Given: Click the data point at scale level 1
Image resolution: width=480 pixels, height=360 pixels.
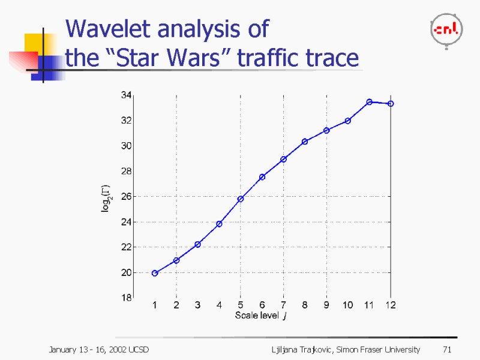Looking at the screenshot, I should pos(155,273).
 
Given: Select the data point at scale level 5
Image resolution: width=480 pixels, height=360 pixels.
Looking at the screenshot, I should pos(241,199).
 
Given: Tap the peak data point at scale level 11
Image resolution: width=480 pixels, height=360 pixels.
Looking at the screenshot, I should pos(370,102).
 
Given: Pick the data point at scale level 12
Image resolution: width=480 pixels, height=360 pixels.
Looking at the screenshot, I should pos(391,104).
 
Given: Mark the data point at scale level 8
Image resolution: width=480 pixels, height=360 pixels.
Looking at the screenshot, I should pos(305,142).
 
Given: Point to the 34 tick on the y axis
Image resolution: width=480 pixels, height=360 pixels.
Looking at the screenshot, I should pos(126,95).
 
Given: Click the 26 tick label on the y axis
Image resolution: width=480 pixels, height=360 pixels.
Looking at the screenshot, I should pos(126,196).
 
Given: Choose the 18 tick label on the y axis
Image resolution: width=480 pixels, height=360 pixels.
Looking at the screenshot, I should pos(126,298).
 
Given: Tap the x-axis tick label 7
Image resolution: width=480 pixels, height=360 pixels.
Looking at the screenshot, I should pos(283,305).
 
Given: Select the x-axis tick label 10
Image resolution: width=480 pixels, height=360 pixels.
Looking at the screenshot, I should pos(348,305).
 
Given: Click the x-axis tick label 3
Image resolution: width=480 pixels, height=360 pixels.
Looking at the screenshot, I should pos(197,305).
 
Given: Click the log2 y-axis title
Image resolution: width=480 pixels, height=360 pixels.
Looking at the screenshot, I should pos(106,196).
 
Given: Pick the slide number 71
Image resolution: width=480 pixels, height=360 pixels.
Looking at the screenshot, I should pos(446,349).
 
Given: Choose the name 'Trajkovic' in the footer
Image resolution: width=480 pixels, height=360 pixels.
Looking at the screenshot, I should pos(310,349).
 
